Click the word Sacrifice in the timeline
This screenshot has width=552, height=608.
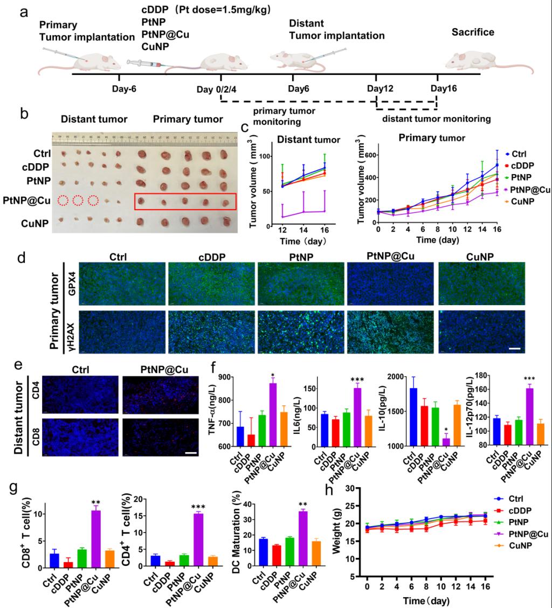[x=473, y=32]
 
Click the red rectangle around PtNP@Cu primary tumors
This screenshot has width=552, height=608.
[x=185, y=201]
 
